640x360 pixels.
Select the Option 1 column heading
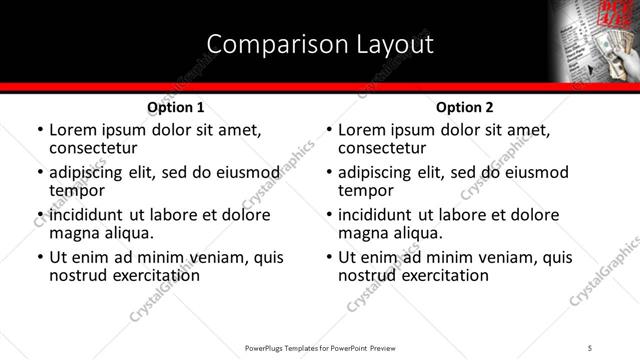click(176, 107)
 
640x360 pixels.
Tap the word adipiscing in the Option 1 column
click(89, 171)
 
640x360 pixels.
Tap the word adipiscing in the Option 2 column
click(378, 171)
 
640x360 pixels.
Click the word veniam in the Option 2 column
click(511, 257)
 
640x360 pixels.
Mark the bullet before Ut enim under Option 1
click(40, 257)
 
